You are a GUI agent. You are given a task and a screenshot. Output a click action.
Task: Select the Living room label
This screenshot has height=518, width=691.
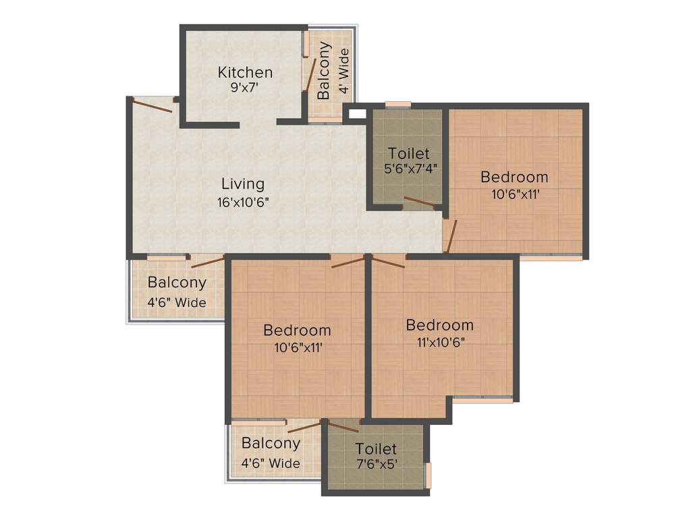click(243, 183)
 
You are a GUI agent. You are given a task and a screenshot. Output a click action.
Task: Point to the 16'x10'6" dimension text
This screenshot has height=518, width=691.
click(243, 201)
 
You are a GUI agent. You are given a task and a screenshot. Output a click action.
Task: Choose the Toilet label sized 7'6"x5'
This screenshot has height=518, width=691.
click(376, 449)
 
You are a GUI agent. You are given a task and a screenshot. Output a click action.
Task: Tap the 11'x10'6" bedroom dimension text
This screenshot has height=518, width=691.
click(439, 341)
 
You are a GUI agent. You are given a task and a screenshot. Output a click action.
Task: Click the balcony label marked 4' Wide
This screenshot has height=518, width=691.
click(325, 71)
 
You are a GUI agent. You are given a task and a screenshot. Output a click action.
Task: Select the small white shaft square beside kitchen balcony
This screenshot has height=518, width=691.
click(355, 114)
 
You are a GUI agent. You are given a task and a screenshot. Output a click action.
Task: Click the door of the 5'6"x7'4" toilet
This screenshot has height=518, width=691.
click(420, 201)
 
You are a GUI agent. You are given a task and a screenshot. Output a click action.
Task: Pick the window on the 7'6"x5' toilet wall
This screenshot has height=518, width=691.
click(428, 474)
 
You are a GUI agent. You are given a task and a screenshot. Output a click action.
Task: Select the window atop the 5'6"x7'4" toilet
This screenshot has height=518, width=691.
click(398, 105)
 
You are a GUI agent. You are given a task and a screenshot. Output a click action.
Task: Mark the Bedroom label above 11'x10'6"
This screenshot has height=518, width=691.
click(439, 325)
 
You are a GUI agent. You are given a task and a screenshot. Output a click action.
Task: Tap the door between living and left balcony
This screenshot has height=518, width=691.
click(207, 262)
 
